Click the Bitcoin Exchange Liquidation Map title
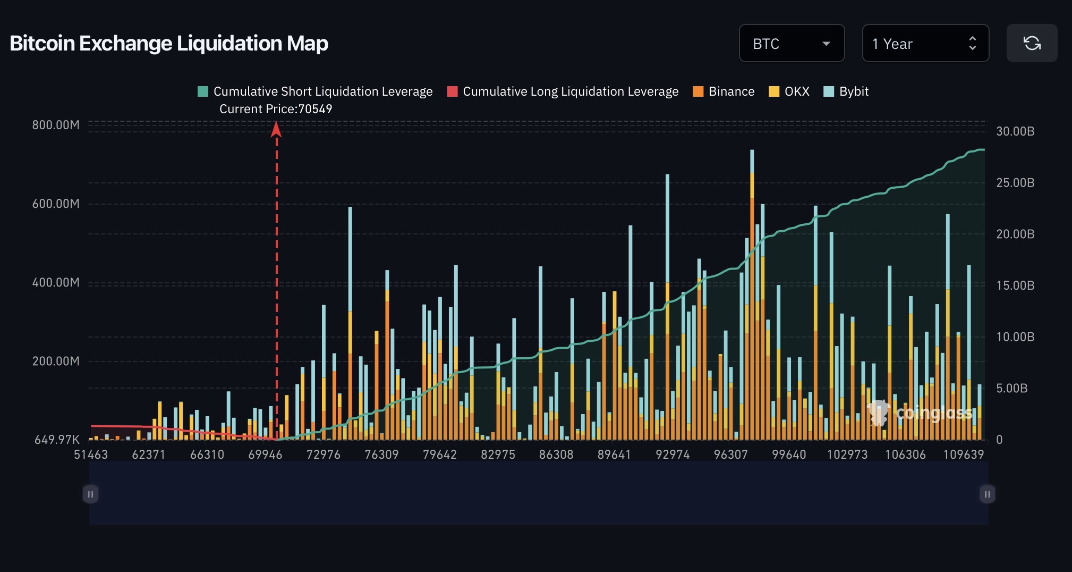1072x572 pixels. (169, 43)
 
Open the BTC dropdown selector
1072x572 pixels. (792, 43)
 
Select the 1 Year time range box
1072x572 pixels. (925, 43)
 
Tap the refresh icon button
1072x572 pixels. (1032, 43)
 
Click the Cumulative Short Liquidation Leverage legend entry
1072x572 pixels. (315, 91)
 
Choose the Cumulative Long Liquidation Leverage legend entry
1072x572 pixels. (563, 91)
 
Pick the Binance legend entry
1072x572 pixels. (724, 91)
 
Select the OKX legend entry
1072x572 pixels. (789, 91)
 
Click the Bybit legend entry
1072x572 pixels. (846, 91)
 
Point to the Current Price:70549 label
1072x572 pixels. (276, 109)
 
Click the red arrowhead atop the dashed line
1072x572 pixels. (276, 129)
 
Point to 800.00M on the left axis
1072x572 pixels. (56, 125)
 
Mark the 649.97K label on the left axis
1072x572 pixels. (57, 440)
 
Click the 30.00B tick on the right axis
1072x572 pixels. (1015, 131)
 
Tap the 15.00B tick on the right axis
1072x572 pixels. (1015, 285)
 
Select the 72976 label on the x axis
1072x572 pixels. (324, 455)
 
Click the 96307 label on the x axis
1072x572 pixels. (730, 455)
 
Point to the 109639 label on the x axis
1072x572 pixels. (963, 455)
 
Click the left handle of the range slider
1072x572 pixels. (90, 494)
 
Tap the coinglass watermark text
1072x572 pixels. (934, 413)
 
